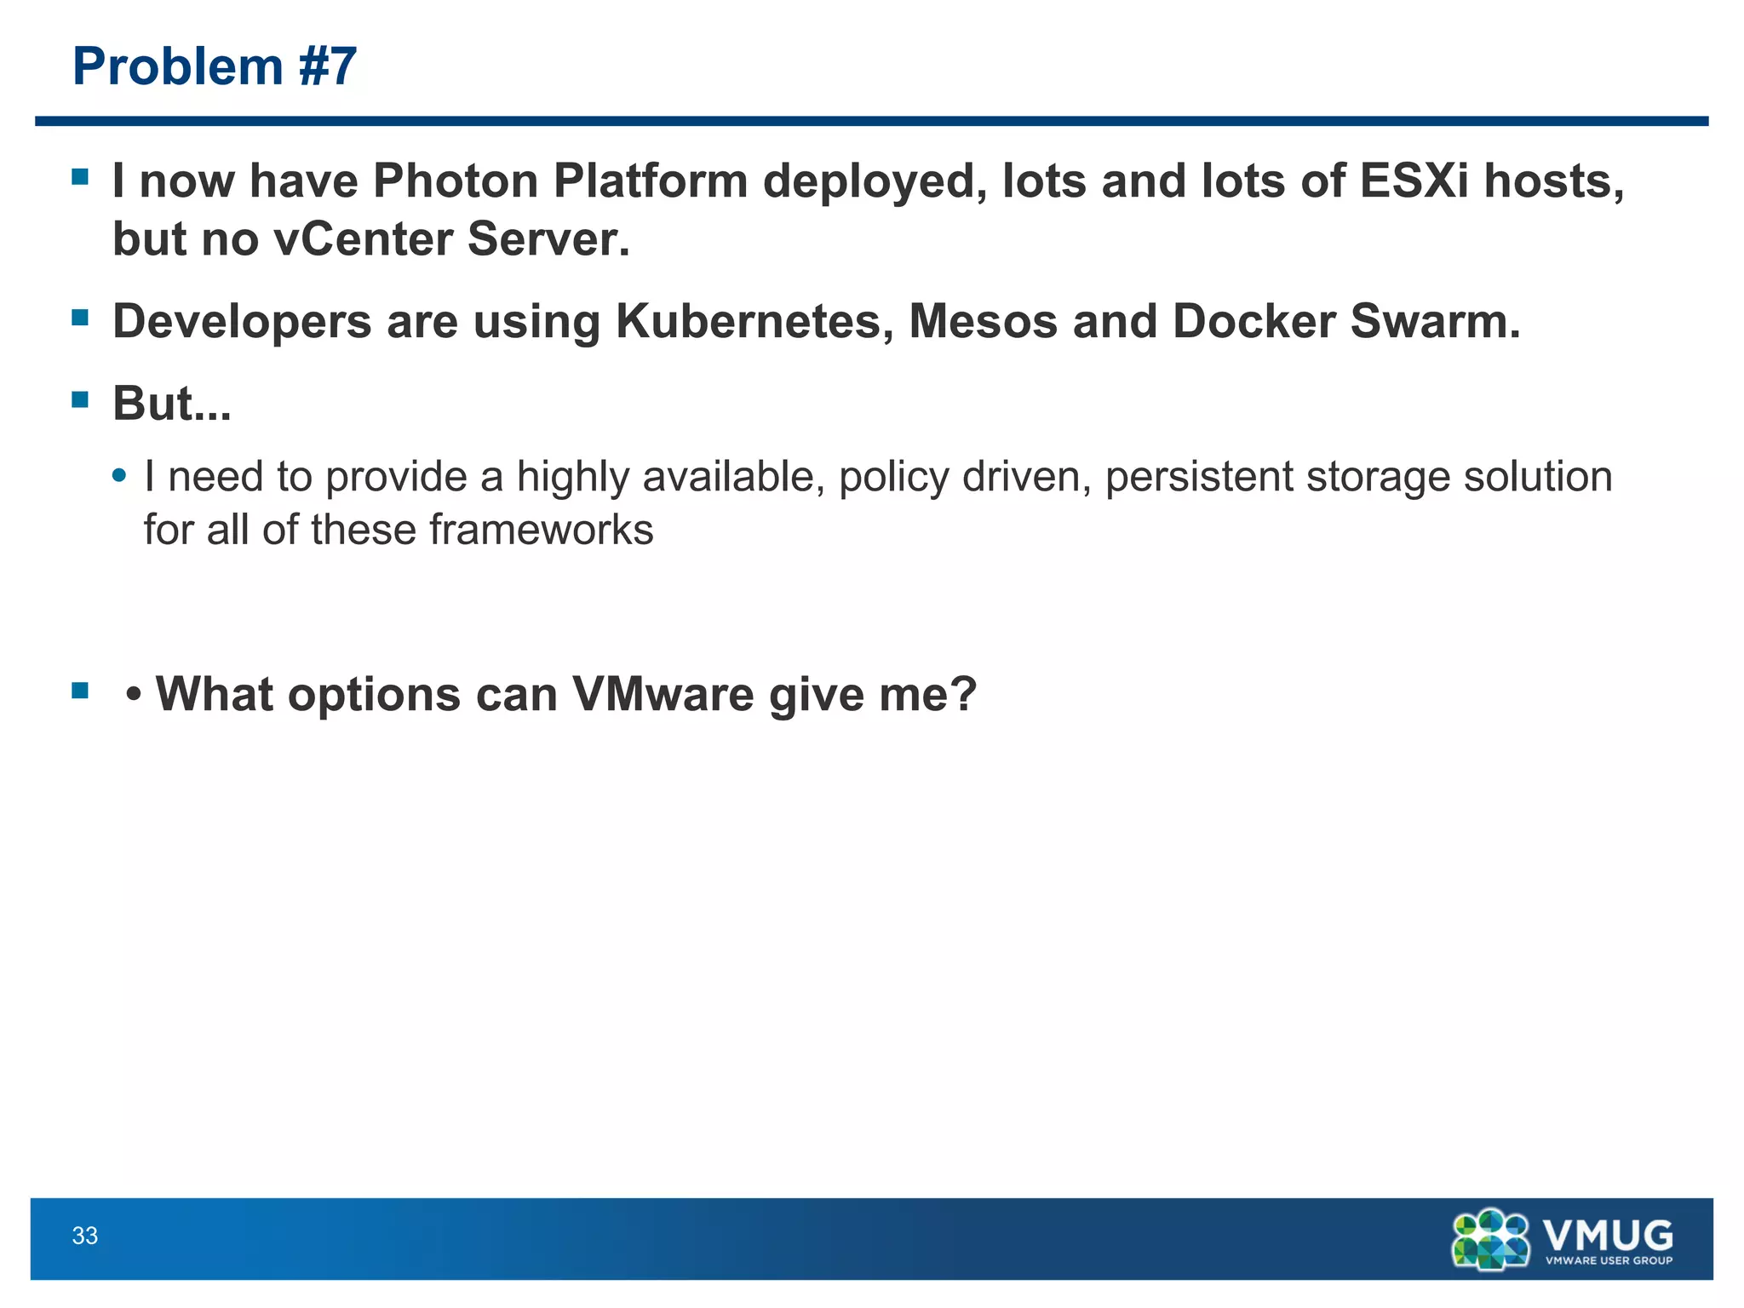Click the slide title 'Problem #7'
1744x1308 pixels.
(x=215, y=66)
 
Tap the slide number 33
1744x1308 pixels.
(x=85, y=1236)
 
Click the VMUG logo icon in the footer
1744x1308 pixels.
(x=1490, y=1239)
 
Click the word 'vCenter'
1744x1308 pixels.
(x=364, y=238)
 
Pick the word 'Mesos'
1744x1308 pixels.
(x=983, y=322)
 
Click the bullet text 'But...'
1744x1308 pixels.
(x=172, y=403)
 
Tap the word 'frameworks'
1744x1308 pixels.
(x=541, y=530)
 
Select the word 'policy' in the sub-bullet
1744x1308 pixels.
(x=893, y=476)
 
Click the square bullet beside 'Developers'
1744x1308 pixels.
(x=81, y=318)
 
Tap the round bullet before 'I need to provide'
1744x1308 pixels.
(x=120, y=475)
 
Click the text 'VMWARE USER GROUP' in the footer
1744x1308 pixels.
(x=1609, y=1260)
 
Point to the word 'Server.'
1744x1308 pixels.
(x=549, y=238)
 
